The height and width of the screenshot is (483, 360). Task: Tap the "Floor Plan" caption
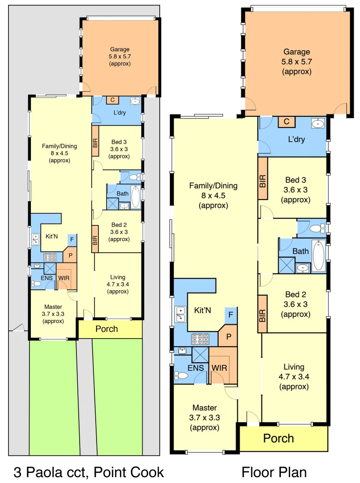pos(274,472)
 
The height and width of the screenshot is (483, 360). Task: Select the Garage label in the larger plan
pos(296,52)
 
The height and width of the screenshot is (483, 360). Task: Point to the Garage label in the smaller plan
pos(120,50)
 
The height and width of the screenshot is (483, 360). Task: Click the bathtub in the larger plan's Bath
pos(318,255)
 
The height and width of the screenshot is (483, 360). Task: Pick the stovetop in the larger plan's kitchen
pos(199,339)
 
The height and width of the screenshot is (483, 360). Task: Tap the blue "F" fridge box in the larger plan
pos(230,315)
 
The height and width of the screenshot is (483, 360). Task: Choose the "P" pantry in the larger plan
pos(229,337)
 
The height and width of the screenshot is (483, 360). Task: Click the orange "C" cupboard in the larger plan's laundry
pos(286,121)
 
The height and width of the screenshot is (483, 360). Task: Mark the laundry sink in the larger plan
pos(318,123)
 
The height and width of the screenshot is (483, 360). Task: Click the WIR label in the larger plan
pos(219,368)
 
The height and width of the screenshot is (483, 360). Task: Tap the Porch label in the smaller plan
pos(107,329)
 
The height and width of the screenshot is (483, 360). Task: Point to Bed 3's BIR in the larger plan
pos(263,180)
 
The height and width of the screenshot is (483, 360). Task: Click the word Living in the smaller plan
pos(118,277)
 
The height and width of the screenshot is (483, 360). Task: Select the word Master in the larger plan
pos(204,407)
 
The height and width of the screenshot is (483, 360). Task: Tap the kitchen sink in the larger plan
pos(181,314)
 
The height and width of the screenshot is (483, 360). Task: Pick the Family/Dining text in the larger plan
pos(213,186)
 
